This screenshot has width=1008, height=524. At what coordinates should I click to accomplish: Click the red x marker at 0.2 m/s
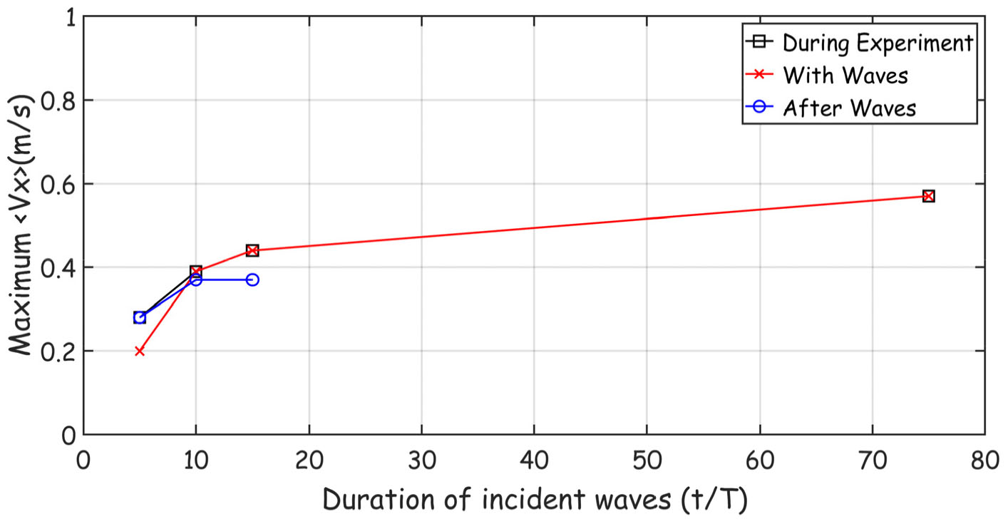tap(140, 351)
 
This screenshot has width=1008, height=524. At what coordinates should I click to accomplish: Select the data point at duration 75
tap(928, 196)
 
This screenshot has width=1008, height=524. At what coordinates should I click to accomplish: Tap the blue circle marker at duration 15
tap(252, 279)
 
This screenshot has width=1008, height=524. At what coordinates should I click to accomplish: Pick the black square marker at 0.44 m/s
tap(252, 250)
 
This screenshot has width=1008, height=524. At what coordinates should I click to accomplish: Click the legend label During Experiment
tap(878, 42)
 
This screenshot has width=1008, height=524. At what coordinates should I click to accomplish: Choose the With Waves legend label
tap(845, 75)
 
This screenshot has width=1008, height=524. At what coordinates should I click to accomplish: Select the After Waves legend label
tap(849, 108)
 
